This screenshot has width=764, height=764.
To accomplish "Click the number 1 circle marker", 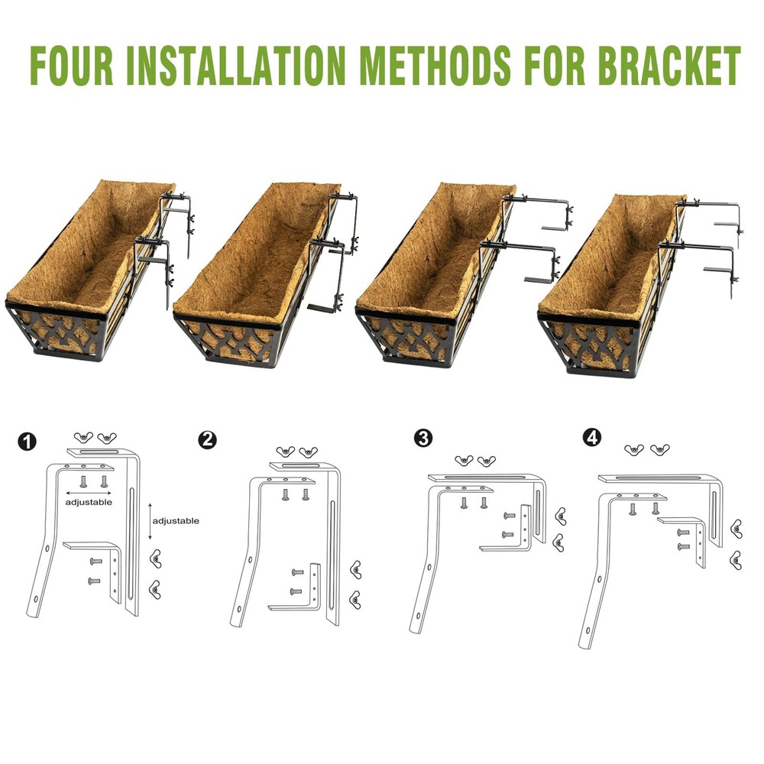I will (x=28, y=442).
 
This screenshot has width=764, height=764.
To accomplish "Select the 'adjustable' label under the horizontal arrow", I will (x=88, y=503).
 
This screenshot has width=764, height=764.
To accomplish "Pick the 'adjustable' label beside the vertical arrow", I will (x=176, y=520).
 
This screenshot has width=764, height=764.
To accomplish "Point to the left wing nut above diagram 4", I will (x=633, y=450).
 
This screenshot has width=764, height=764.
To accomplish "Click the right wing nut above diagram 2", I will (x=307, y=452).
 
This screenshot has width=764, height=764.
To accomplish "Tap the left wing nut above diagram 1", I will (x=83, y=437).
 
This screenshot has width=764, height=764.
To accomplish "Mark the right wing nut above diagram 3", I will (x=486, y=461).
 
